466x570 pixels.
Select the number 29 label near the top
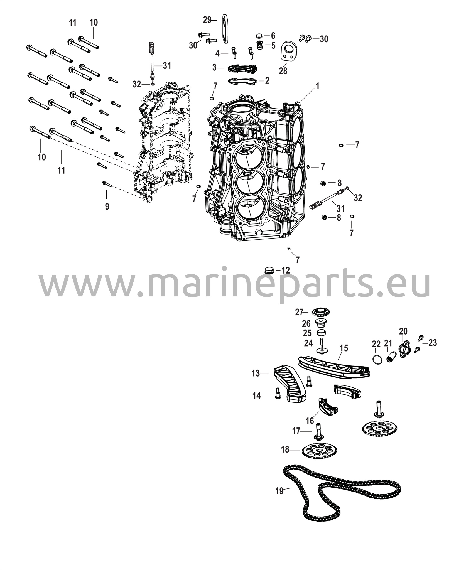[x=207, y=20]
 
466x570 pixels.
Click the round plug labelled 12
[x=269, y=270]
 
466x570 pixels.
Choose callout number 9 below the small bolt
[x=107, y=207]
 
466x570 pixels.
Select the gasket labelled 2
[x=242, y=81]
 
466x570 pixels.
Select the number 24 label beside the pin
[x=308, y=343]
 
